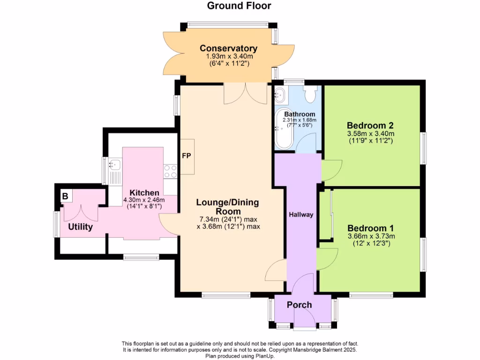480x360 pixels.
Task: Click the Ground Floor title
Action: [x=239, y=6]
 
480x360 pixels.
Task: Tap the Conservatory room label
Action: [x=229, y=48]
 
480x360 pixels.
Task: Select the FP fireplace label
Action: [x=186, y=156]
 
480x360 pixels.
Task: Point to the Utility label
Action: [x=81, y=227]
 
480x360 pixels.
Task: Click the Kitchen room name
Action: [x=144, y=193]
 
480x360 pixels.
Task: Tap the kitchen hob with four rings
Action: [x=170, y=172]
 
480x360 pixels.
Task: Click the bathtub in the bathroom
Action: [x=283, y=129]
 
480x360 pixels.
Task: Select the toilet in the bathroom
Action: [x=310, y=94]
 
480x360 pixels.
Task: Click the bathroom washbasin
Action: [x=279, y=95]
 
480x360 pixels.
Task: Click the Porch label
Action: [x=300, y=305]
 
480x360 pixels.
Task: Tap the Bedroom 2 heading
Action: [x=370, y=126]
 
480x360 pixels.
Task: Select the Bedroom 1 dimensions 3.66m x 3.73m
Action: [x=371, y=236]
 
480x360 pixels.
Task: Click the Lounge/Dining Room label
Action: [x=227, y=207]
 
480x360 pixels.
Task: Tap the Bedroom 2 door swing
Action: [x=331, y=171]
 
